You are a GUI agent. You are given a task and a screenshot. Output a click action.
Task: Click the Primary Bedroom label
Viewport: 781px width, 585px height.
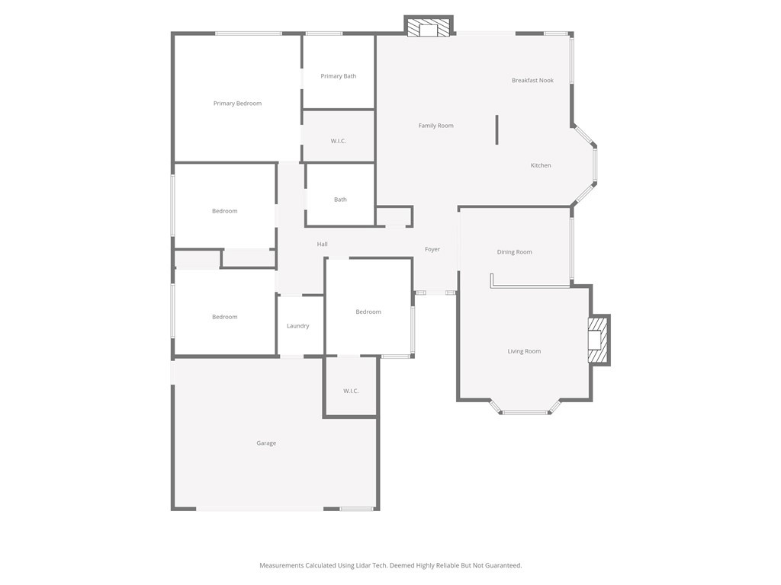pyautogui.click(x=237, y=104)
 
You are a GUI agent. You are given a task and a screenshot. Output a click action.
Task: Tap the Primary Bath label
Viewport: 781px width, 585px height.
pyautogui.click(x=338, y=76)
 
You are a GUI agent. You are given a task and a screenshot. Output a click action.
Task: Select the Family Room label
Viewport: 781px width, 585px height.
pyautogui.click(x=435, y=126)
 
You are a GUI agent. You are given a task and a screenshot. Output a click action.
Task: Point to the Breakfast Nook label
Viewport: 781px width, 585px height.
pyautogui.click(x=532, y=80)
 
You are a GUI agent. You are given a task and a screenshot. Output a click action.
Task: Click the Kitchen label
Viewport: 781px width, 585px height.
pyautogui.click(x=541, y=165)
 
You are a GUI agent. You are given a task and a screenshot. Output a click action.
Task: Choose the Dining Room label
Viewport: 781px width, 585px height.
pyautogui.click(x=515, y=252)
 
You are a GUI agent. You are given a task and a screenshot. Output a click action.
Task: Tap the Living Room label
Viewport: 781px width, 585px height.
pyautogui.click(x=524, y=351)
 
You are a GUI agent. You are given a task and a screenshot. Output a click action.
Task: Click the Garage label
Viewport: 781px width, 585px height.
pyautogui.click(x=266, y=443)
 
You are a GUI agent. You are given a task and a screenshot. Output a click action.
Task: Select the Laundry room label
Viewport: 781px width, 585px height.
pyautogui.click(x=298, y=326)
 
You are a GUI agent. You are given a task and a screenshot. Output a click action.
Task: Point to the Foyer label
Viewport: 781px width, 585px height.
pyautogui.click(x=432, y=249)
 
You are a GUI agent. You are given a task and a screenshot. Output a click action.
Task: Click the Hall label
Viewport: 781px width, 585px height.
pyautogui.click(x=323, y=245)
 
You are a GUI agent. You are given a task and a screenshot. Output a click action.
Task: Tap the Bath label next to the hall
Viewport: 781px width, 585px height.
pyautogui.click(x=340, y=200)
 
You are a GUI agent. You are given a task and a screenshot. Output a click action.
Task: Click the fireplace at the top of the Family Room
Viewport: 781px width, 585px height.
pyautogui.click(x=429, y=26)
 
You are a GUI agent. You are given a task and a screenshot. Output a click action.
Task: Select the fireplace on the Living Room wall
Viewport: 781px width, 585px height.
pyautogui.click(x=598, y=340)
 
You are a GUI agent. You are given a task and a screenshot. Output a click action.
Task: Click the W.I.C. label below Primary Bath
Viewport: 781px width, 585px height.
pyautogui.click(x=338, y=141)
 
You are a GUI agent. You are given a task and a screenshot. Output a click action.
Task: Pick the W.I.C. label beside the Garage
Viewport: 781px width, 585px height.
pyautogui.click(x=351, y=391)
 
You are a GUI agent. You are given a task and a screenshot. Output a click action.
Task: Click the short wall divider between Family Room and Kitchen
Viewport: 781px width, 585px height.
pyautogui.click(x=497, y=129)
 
